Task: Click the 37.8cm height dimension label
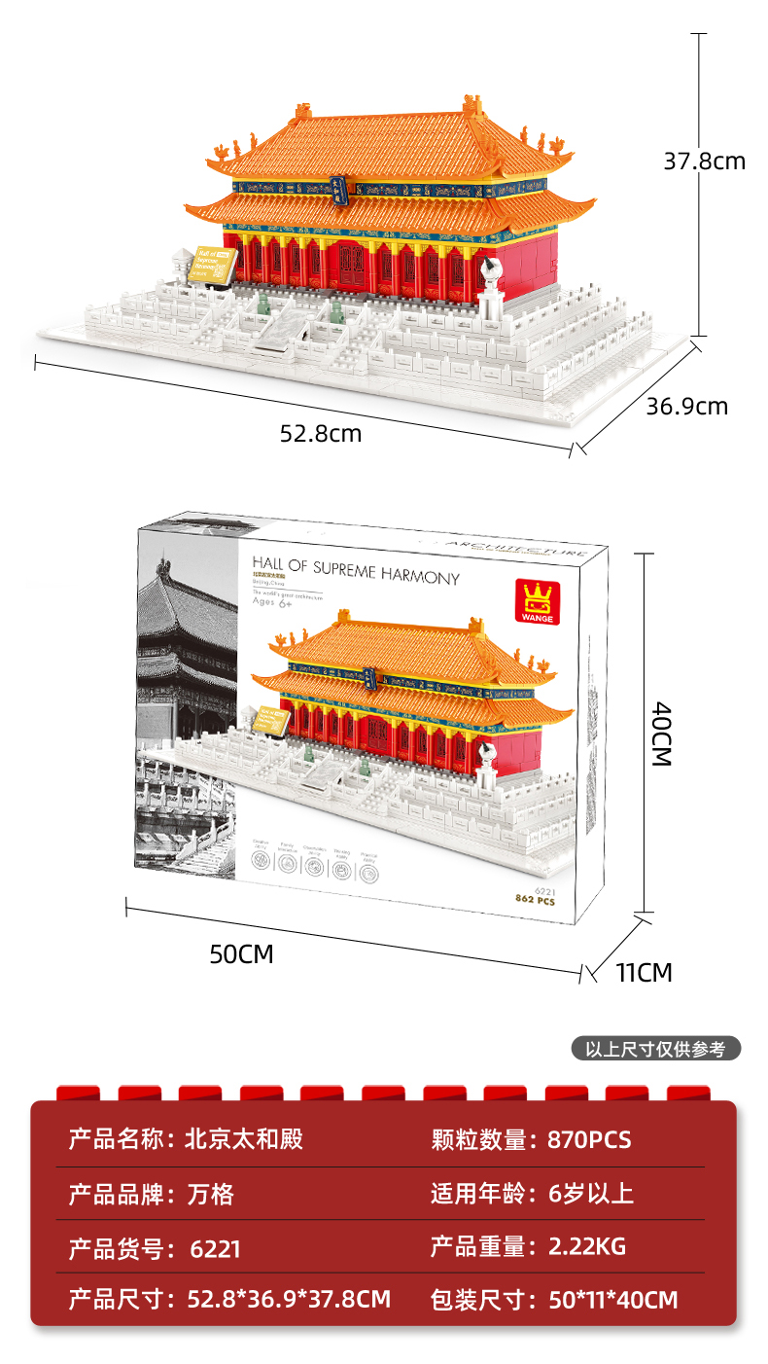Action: click(704, 161)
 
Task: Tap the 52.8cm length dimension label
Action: click(320, 434)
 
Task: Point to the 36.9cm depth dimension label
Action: click(687, 406)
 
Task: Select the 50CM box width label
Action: click(242, 954)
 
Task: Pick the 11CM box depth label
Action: click(644, 971)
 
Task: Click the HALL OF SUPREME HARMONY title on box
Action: click(355, 569)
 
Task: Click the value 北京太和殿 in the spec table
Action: click(243, 1139)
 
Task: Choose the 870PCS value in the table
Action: click(589, 1139)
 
